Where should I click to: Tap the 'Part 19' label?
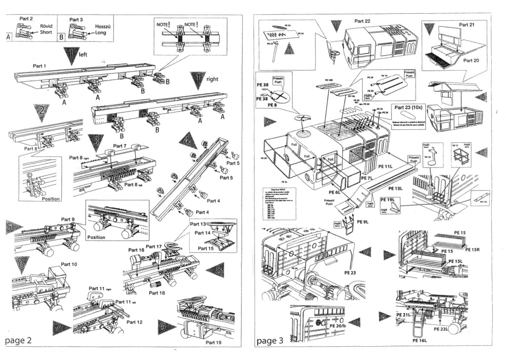pyautogui.click(x=214, y=342)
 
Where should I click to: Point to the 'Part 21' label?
pyautogui.click(x=466, y=25)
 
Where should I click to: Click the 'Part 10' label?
pyautogui.click(x=69, y=264)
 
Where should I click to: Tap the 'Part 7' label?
pyautogui.click(x=120, y=146)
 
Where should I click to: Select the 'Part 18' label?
pyautogui.click(x=157, y=293)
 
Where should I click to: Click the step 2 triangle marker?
pyautogui.click(x=42, y=113)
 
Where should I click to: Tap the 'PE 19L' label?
pyautogui.click(x=387, y=200)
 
